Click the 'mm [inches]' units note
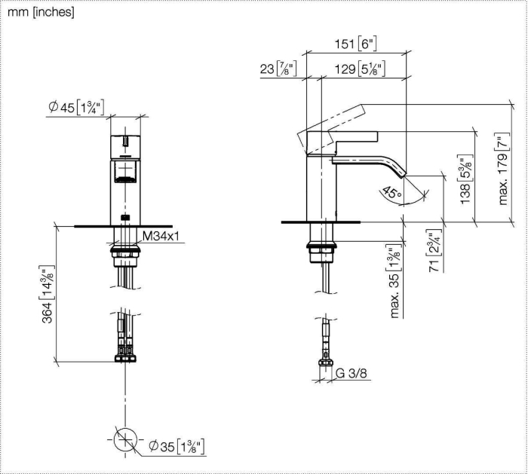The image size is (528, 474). click(41, 12)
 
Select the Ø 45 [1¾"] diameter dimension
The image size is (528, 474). click(76, 107)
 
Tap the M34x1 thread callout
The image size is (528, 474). click(161, 236)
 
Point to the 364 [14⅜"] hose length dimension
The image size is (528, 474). click(47, 295)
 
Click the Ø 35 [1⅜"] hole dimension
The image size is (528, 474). click(177, 447)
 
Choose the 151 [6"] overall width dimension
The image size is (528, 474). click(355, 44)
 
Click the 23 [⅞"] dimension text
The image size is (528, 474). click(278, 69)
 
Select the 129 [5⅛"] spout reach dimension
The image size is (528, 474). click(360, 69)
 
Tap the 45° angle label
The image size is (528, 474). click(392, 192)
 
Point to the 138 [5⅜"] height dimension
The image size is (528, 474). click(465, 179)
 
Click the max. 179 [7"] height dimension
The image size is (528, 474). click(503, 169)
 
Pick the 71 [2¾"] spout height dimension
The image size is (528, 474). click(434, 251)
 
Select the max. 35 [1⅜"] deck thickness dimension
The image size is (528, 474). click(394, 283)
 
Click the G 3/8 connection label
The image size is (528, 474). click(351, 373)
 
